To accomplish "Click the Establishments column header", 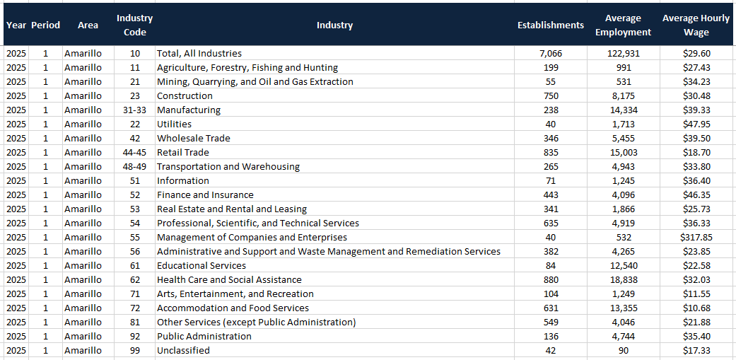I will click(x=550, y=25).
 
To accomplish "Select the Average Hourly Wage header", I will click(x=696, y=25).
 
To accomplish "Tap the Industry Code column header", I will click(x=134, y=25).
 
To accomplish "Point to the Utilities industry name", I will click(x=175, y=124).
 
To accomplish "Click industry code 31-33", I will click(x=135, y=110).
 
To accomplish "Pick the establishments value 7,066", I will click(x=550, y=53).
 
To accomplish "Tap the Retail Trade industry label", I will click(x=183, y=152).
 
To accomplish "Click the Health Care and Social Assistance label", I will click(x=229, y=279).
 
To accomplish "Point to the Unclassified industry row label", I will click(x=183, y=350).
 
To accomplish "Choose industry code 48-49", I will click(x=135, y=166).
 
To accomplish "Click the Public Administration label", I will click(x=204, y=336).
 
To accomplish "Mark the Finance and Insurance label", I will click(x=205, y=194).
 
